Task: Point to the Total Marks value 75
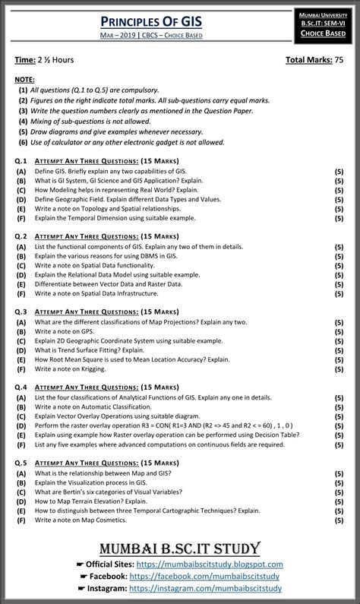click(339, 59)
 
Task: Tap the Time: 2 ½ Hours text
click(45, 59)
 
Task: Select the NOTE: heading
click(25, 79)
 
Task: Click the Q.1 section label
click(21, 161)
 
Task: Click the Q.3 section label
click(21, 311)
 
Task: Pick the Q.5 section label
click(21, 462)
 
